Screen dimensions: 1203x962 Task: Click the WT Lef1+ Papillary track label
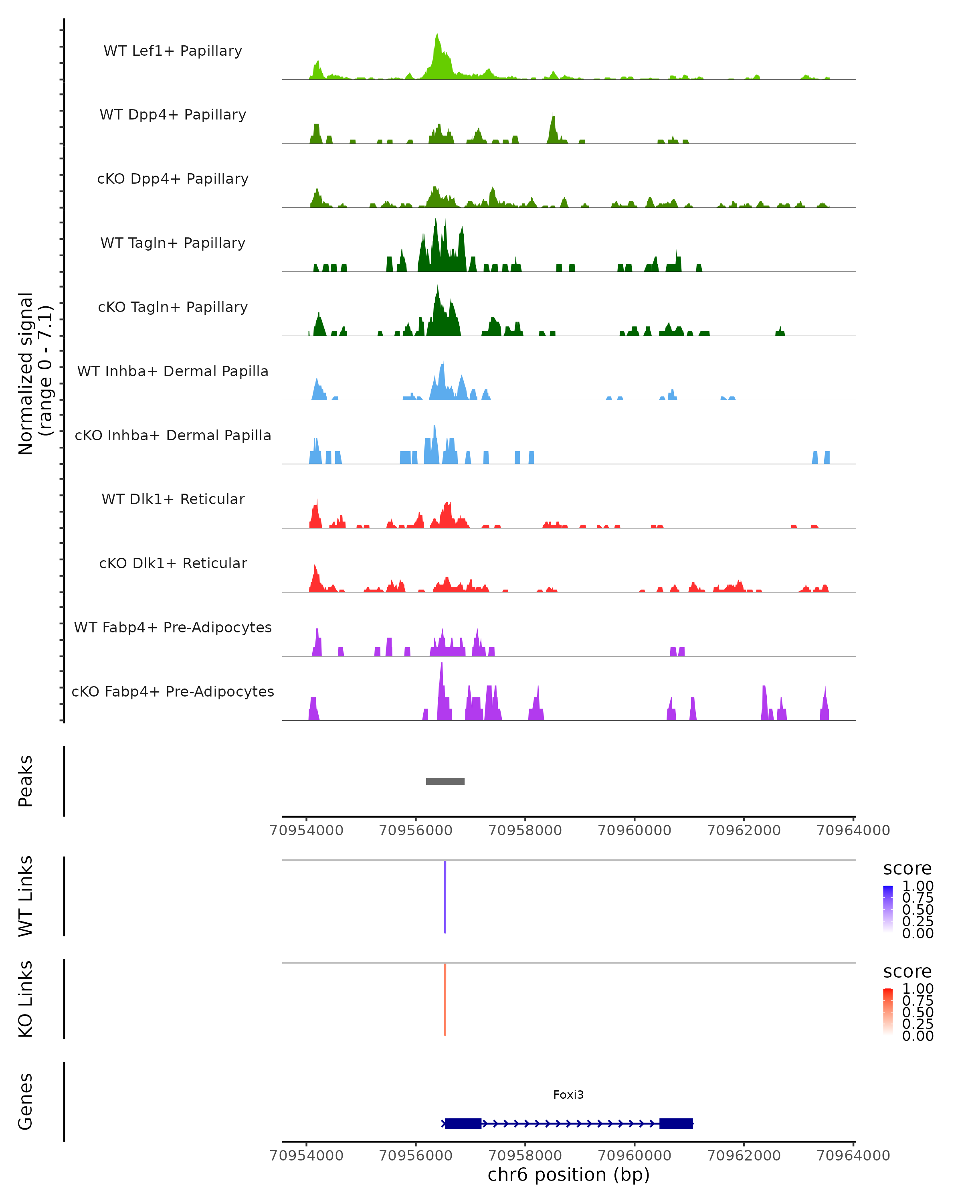click(x=173, y=51)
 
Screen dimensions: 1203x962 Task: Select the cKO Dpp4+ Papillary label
click(x=173, y=178)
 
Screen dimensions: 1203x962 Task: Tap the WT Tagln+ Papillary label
click(x=173, y=243)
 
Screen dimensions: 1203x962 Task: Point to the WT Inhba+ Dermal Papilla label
click(x=173, y=371)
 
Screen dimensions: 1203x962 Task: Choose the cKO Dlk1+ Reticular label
click(x=173, y=563)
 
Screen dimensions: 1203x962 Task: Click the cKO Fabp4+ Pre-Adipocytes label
click(x=173, y=691)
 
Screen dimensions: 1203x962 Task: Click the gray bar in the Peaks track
click(x=445, y=781)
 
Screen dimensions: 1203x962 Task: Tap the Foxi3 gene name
click(x=568, y=1095)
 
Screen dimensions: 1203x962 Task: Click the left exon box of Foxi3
click(x=463, y=1123)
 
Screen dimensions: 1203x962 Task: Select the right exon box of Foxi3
click(x=676, y=1123)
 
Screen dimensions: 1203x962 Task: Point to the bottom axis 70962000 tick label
click(x=744, y=1156)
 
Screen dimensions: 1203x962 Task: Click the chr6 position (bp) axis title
click(x=568, y=1175)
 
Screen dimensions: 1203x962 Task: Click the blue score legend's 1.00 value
click(x=918, y=886)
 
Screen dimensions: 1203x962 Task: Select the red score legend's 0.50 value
click(x=918, y=1012)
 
